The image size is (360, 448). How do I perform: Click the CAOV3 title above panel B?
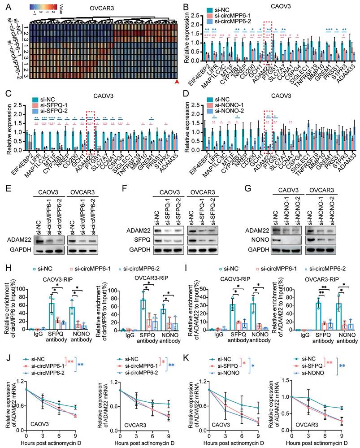(x=272, y=7)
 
